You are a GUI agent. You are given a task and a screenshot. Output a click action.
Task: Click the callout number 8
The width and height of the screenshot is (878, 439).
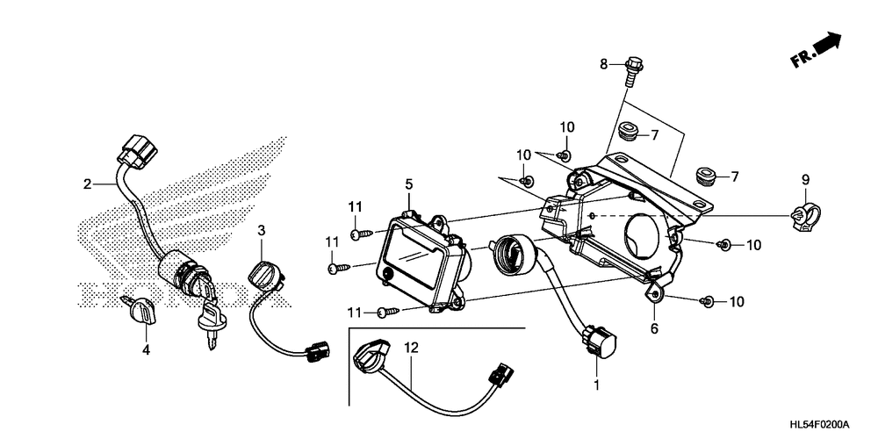click(603, 63)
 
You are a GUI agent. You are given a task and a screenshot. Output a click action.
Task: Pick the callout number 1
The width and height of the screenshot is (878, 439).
click(598, 385)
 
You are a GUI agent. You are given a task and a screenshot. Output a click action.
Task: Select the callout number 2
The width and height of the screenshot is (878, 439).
click(87, 184)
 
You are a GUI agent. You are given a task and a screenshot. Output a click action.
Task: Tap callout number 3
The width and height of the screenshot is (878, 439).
click(262, 230)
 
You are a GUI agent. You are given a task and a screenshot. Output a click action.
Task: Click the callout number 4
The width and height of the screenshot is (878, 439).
click(147, 349)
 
